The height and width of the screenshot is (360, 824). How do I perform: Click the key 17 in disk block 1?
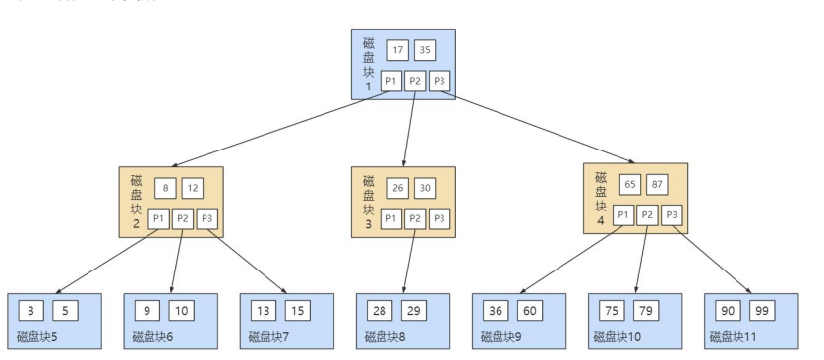(x=398, y=50)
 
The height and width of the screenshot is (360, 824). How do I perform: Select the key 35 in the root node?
(x=425, y=50)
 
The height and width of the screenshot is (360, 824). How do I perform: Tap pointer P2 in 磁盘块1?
(x=414, y=81)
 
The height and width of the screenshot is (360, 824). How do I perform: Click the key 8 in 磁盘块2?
(x=167, y=188)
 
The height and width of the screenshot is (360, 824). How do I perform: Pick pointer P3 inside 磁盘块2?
(x=207, y=218)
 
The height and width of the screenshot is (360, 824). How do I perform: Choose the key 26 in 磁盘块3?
(x=398, y=188)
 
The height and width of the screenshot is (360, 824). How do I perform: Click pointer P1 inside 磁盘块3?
(x=390, y=218)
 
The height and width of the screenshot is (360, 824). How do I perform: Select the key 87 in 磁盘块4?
(x=657, y=184)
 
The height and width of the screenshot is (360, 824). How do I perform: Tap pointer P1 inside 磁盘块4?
(x=623, y=214)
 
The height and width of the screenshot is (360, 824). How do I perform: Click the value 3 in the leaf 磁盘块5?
(x=30, y=312)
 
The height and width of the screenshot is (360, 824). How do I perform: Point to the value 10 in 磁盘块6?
(x=182, y=312)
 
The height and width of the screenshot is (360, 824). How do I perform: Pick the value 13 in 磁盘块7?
(x=263, y=312)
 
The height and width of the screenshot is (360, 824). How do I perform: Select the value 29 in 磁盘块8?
(x=414, y=312)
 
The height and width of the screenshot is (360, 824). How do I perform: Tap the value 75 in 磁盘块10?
(x=611, y=312)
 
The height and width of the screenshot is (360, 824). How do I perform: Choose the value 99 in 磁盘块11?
(x=761, y=312)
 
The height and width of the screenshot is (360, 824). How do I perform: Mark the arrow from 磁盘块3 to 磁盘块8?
(x=408, y=261)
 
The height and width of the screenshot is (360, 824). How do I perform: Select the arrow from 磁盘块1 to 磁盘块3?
(x=410, y=128)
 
